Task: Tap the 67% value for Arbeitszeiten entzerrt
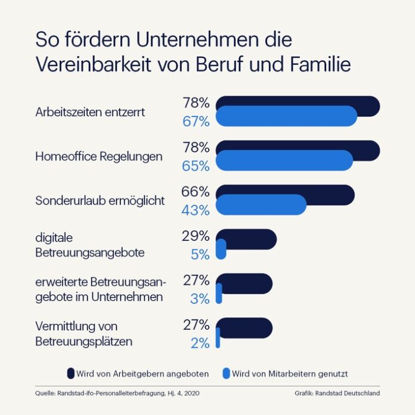pos(196,122)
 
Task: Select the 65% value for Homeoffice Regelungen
pos(196,166)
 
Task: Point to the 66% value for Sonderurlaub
pos(196,192)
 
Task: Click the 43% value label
pos(196,210)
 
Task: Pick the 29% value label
pos(196,236)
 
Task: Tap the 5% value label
pos(200,255)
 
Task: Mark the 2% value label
pos(200,343)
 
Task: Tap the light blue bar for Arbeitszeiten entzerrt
pos(286,116)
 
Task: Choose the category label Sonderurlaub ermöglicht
pos(100,201)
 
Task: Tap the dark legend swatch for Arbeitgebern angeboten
pos(70,374)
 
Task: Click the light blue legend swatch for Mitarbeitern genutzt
pos(225,374)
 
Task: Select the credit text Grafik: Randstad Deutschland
pos(336,394)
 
